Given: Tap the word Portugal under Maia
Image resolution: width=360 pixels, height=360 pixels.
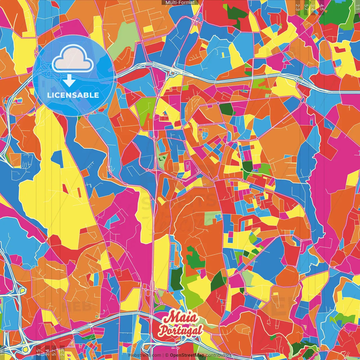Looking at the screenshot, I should point(181,330).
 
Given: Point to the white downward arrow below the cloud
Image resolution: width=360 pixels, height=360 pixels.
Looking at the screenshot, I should point(69,82).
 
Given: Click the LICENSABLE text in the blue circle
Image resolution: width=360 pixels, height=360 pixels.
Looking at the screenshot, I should point(73,95).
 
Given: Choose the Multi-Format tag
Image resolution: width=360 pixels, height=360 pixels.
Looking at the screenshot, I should point(180,3).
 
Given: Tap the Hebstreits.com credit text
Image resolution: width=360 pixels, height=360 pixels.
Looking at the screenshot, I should point(145,355).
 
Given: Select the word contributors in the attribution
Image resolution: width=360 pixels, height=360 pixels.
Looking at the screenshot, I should point(219,355).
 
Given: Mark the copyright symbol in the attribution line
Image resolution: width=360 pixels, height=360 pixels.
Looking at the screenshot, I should point(167,355).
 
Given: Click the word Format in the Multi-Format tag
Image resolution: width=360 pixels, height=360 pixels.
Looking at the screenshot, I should point(187,3).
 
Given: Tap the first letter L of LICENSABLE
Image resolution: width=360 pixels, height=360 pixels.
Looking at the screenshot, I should point(49,95).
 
